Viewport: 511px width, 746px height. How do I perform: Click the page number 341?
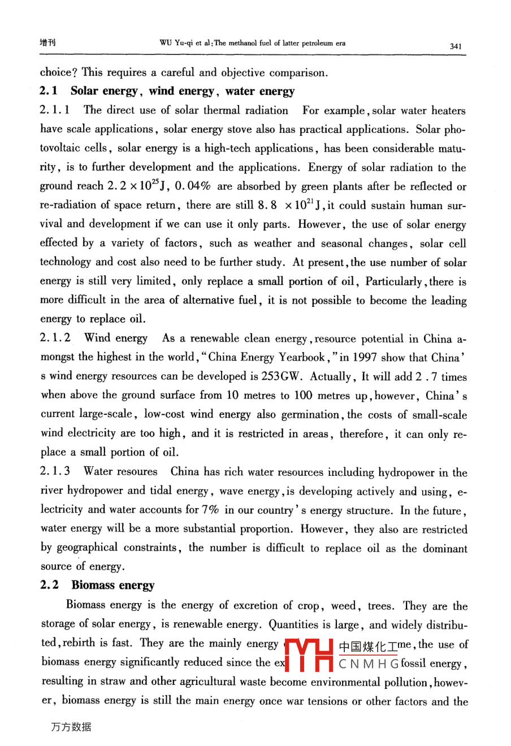pyautogui.click(x=456, y=46)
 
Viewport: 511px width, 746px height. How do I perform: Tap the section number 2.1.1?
pyautogui.click(x=55, y=110)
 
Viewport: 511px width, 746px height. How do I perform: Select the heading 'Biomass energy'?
pyautogui.click(x=112, y=585)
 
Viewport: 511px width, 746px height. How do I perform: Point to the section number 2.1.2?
pyautogui.click(x=55, y=338)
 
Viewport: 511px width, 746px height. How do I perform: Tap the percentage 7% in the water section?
pyautogui.click(x=210, y=510)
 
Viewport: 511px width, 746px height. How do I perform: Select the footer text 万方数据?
pyautogui.click(x=71, y=727)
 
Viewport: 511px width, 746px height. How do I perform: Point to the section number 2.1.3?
pyautogui.click(x=55, y=471)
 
